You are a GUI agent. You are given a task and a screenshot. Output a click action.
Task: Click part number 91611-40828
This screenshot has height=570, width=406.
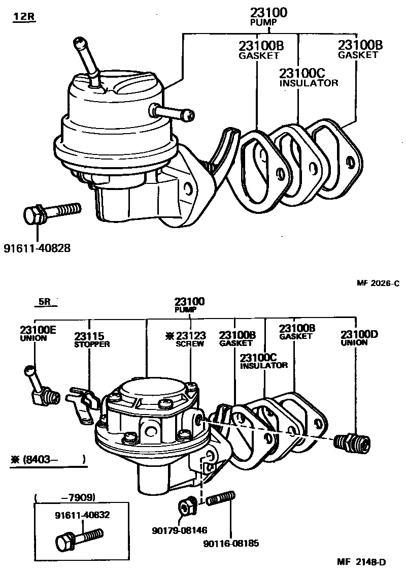37,248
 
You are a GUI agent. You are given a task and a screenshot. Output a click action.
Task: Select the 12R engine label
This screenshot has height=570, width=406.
23,17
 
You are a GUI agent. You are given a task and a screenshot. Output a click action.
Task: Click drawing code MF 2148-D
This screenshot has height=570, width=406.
362,561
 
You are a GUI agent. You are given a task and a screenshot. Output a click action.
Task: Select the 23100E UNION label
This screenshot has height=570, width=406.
38,333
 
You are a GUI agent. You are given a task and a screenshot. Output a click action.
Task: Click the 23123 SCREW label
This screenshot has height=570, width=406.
186,339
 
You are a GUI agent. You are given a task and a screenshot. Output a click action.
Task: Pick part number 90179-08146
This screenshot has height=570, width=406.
179,530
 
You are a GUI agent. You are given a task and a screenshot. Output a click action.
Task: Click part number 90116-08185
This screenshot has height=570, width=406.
231,543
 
